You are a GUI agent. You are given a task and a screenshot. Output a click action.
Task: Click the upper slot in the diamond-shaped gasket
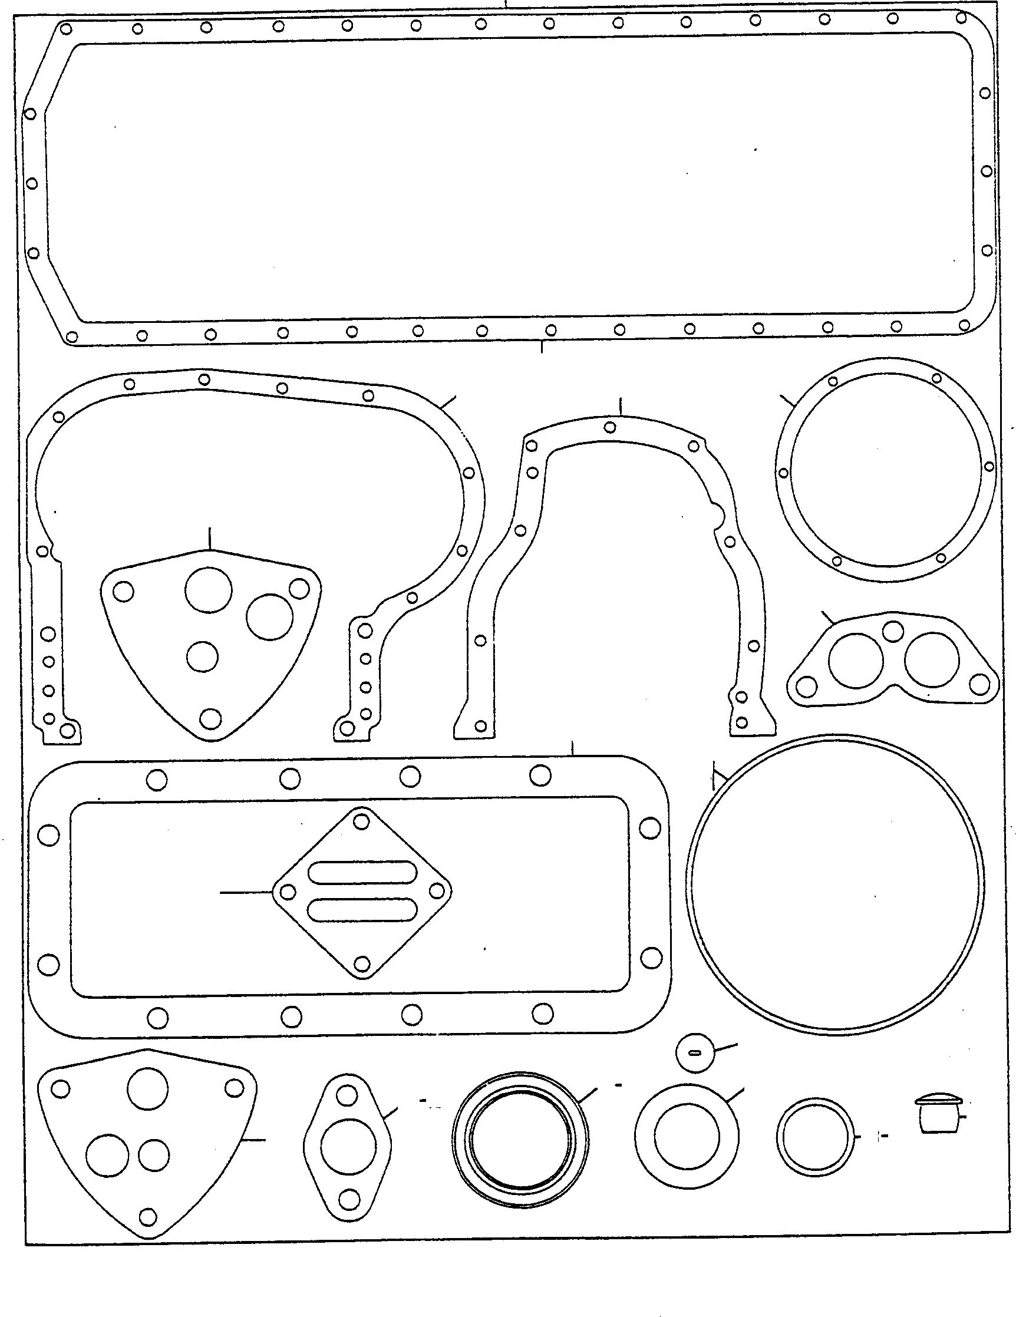coord(361,873)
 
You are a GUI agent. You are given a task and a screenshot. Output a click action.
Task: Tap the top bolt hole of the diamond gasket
coord(361,821)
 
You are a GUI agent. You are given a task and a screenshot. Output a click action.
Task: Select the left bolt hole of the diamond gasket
coord(289,892)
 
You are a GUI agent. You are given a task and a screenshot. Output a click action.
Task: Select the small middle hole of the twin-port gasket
coord(892,631)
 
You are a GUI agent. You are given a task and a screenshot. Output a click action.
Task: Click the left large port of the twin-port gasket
coord(856,661)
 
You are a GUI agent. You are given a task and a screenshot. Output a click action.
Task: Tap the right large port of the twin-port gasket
coord(932,659)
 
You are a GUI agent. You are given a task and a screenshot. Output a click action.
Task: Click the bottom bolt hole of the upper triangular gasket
coord(210,718)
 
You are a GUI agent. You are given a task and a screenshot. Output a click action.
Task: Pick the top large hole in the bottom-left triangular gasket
coord(148,1088)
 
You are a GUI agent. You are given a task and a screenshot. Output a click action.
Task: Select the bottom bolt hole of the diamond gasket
coord(362,963)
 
